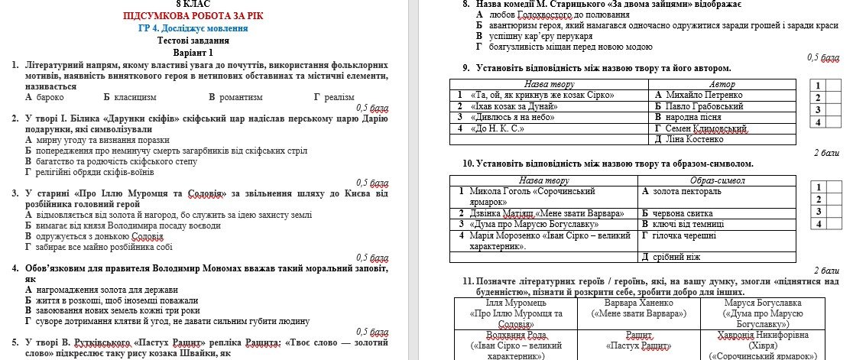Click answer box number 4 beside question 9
(x=818, y=122)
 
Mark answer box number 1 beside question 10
(x=818, y=187)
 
